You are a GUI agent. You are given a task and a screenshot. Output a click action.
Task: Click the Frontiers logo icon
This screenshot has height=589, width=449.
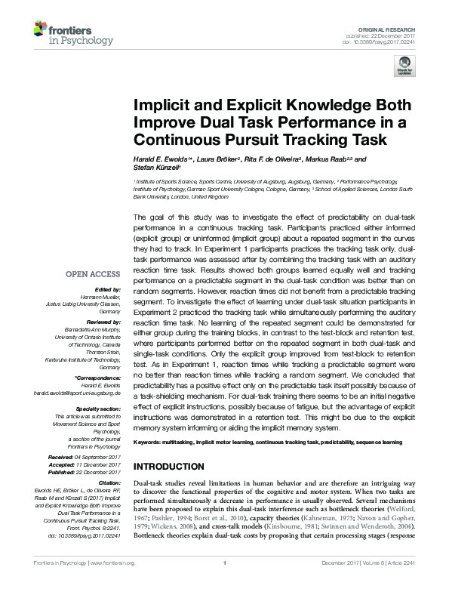tap(42, 32)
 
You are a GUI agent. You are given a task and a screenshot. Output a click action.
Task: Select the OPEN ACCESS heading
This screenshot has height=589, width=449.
tap(94, 274)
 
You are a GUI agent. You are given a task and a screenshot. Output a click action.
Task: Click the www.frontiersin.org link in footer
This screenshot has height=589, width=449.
tap(113, 584)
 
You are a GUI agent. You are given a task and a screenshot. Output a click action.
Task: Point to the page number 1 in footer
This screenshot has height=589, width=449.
tap(224, 584)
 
